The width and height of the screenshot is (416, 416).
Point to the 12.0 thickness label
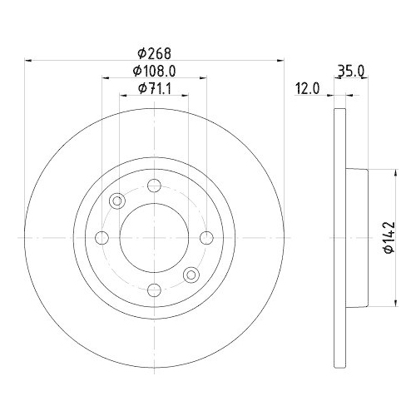tap(305, 87)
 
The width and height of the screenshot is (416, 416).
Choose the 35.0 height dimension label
tap(352, 72)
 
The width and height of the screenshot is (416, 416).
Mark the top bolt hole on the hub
tap(154, 187)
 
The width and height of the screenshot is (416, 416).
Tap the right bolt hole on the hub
tap(205, 238)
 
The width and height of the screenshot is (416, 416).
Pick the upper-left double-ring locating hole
tap(117, 201)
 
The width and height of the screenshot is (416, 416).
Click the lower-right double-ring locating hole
tap(191, 275)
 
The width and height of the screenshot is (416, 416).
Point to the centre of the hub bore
tap(154, 238)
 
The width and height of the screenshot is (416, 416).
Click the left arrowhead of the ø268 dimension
tap(30, 59)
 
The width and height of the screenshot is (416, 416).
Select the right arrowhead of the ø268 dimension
tap(280, 59)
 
